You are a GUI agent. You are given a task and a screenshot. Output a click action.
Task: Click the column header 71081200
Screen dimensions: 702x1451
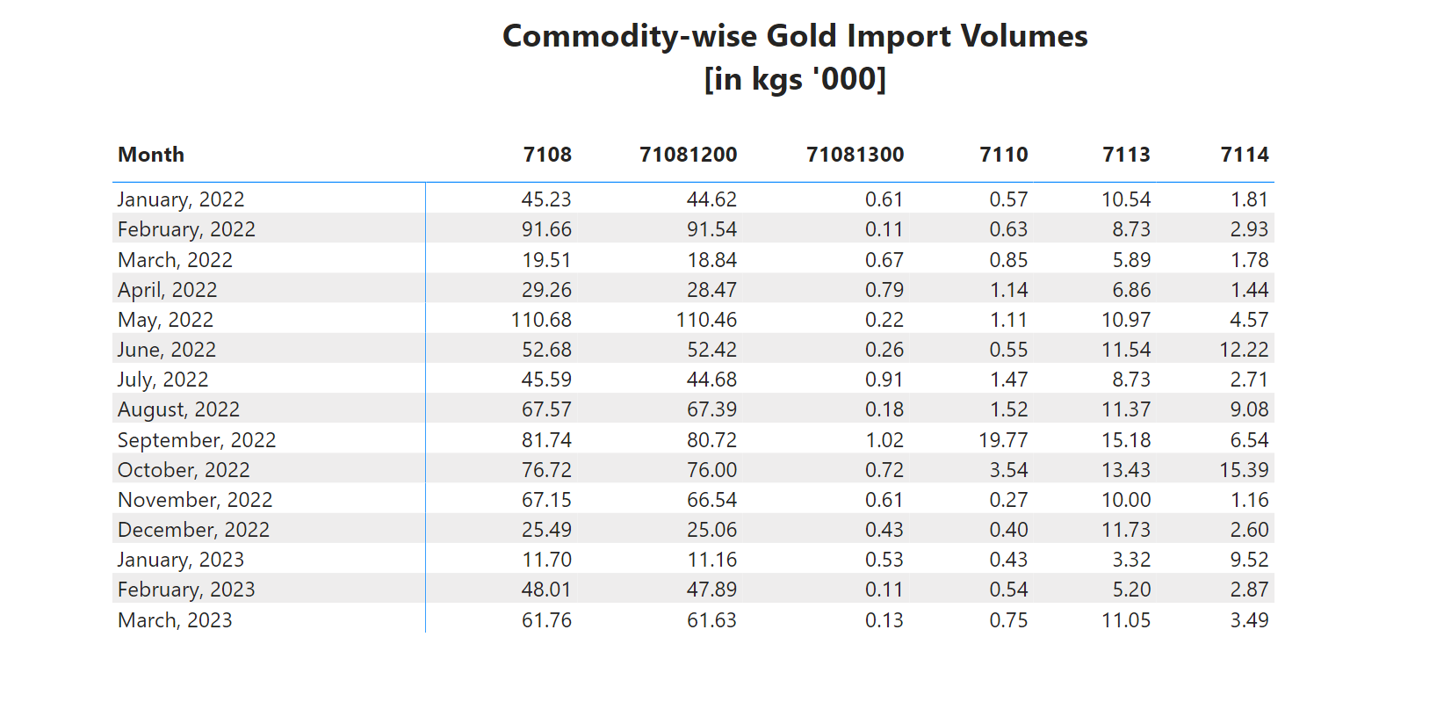click(x=688, y=155)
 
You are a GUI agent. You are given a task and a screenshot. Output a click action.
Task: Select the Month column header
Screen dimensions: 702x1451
click(x=151, y=155)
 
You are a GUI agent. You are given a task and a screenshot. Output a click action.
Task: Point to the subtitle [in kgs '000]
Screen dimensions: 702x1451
click(x=795, y=79)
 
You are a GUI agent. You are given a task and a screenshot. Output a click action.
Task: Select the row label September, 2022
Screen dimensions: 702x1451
click(x=197, y=440)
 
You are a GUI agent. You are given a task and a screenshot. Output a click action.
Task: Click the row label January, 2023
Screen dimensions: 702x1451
click(x=181, y=560)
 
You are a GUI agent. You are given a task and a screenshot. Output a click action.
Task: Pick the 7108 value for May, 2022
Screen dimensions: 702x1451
click(x=541, y=320)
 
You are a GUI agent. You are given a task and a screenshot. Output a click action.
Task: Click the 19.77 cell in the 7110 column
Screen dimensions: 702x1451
click(x=1003, y=440)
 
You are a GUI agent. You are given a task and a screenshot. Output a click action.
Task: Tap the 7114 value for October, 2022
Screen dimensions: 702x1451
click(x=1244, y=470)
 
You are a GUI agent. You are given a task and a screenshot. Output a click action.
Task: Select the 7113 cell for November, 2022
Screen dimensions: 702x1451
click(x=1126, y=500)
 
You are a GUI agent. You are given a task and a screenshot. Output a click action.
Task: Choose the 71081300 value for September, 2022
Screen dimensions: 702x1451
click(x=884, y=440)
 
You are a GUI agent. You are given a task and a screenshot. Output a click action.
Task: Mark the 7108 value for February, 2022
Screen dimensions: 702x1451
click(x=546, y=229)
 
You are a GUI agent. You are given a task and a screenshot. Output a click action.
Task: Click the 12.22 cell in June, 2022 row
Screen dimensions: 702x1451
click(x=1244, y=350)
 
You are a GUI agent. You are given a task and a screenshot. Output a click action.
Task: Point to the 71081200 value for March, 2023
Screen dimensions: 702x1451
click(x=711, y=620)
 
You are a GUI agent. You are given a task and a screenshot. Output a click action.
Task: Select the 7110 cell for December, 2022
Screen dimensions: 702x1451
click(x=1008, y=530)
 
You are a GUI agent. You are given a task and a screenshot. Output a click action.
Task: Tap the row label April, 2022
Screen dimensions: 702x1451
click(x=167, y=290)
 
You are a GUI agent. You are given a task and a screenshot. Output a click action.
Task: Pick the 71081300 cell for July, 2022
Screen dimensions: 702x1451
click(x=884, y=380)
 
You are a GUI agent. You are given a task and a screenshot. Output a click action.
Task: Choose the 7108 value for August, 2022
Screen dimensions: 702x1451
click(x=546, y=409)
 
